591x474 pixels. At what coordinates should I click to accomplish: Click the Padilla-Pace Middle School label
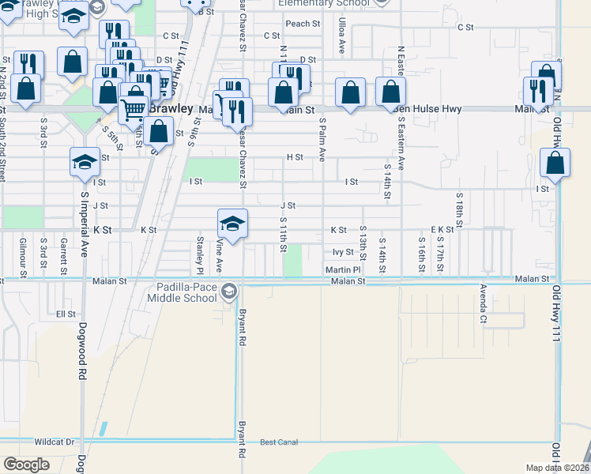click(183, 292)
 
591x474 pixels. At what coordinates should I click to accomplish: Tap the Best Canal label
click(279, 442)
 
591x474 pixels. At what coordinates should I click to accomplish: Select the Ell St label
click(66, 314)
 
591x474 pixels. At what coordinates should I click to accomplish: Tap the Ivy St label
click(343, 253)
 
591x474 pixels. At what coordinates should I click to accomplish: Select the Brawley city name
click(173, 108)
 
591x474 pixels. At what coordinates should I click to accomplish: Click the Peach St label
click(303, 24)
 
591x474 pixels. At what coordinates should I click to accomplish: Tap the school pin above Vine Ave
click(232, 224)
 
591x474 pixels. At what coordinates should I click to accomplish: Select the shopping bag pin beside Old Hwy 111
click(555, 164)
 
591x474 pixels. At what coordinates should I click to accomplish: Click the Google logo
click(26, 465)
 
